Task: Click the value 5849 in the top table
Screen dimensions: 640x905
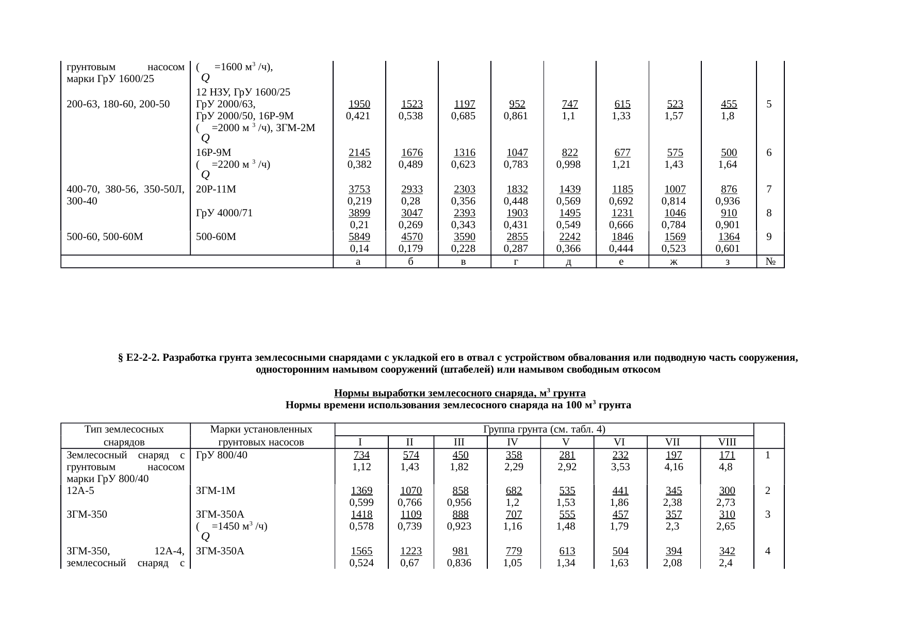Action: click(359, 237)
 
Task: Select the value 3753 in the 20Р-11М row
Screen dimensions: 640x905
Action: click(359, 189)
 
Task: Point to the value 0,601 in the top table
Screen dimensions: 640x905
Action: click(727, 249)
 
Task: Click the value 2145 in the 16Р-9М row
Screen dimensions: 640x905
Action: click(359, 153)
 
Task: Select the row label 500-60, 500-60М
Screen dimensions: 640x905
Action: click(105, 237)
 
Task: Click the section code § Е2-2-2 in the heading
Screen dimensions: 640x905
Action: click(140, 358)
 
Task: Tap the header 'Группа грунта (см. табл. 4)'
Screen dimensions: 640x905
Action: click(544, 429)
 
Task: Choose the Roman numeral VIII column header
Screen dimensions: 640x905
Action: click(727, 442)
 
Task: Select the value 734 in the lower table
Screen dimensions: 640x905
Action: click(361, 455)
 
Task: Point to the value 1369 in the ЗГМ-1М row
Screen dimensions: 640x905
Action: click(361, 491)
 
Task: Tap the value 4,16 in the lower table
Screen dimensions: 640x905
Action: click(672, 467)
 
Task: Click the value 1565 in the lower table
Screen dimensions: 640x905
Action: click(361, 551)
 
